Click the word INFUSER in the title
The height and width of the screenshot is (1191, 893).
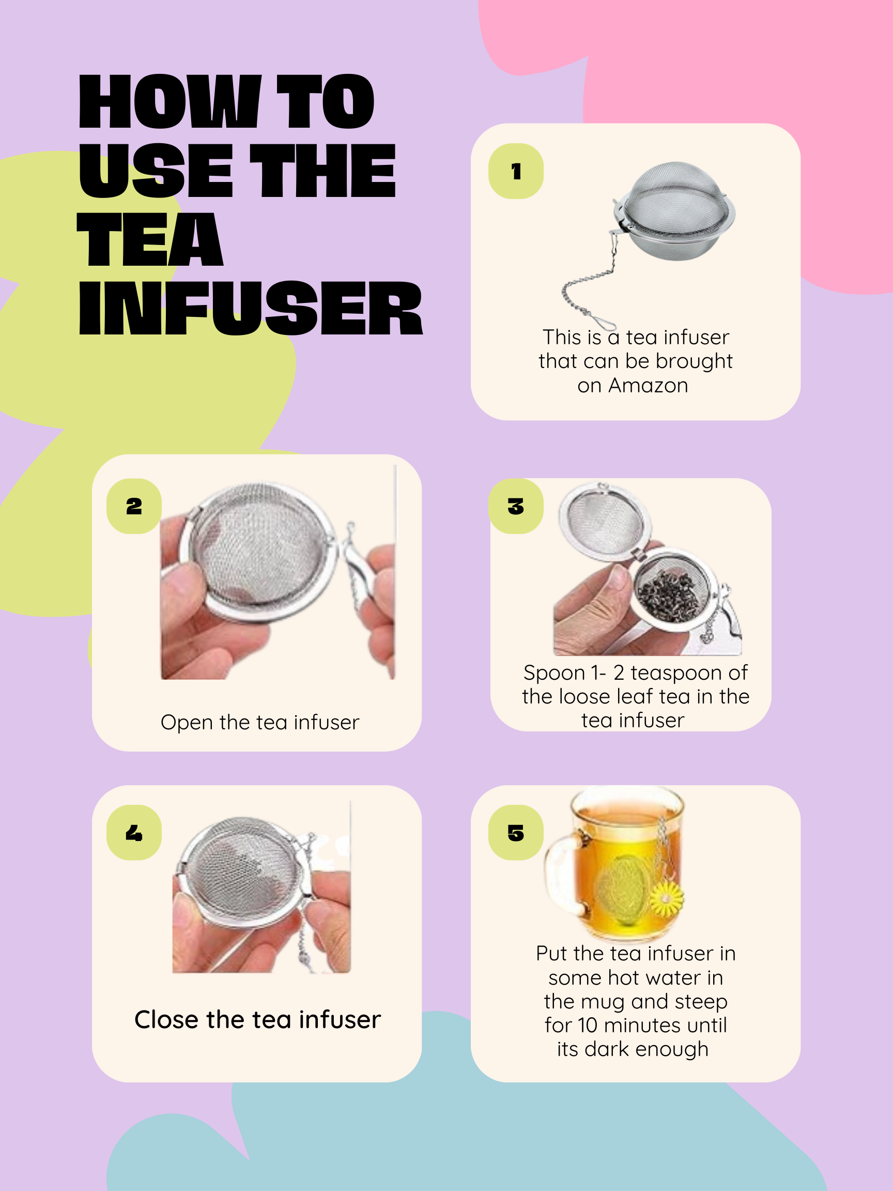(250, 309)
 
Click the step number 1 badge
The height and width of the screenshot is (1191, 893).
(516, 171)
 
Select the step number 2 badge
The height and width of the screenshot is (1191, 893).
(134, 506)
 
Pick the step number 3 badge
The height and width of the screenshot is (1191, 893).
(516, 506)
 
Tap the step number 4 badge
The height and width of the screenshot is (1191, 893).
(134, 833)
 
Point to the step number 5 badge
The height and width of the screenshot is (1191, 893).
(516, 833)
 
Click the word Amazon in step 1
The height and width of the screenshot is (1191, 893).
(648, 386)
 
